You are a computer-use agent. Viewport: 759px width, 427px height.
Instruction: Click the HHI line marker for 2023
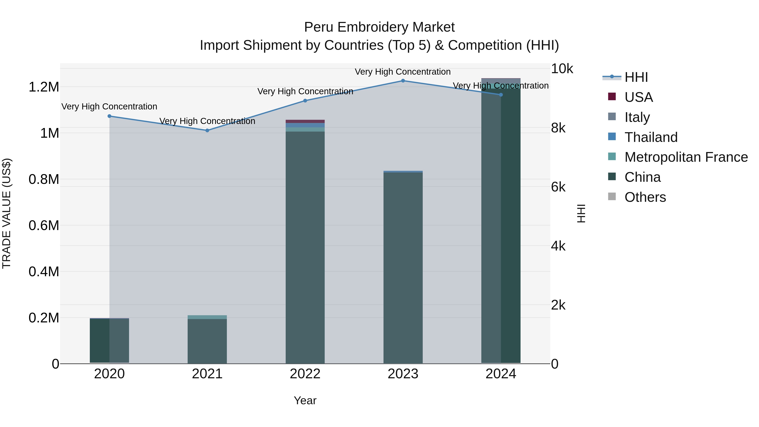403,81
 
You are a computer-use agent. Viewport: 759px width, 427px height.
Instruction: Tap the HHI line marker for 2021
207,130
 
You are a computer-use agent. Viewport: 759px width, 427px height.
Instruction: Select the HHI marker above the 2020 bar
109,116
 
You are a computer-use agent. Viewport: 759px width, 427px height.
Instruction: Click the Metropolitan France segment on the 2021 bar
207,317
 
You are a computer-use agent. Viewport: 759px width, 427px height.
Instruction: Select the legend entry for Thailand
651,137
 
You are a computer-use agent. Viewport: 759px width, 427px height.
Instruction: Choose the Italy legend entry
637,117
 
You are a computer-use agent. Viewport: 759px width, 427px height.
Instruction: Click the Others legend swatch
612,197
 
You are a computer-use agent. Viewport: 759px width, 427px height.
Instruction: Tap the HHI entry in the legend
636,77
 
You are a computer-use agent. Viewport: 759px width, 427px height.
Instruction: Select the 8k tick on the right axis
558,128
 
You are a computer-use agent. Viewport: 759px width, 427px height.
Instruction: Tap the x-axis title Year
305,400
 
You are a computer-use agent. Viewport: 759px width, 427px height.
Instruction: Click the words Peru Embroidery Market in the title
379,27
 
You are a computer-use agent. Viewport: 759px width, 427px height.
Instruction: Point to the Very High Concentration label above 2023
402,72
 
